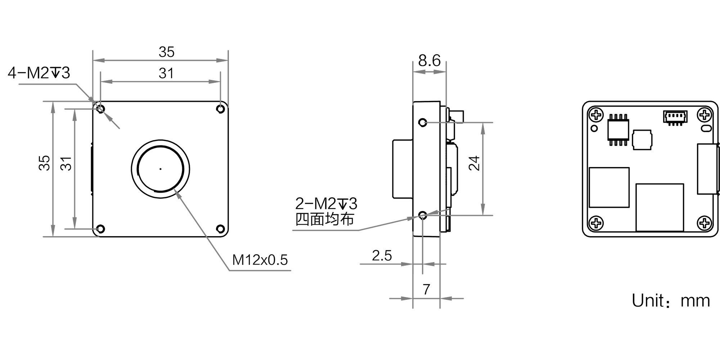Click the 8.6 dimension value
pyautogui.click(x=429, y=60)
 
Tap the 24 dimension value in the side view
pyautogui.click(x=474, y=163)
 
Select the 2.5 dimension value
pyautogui.click(x=382, y=256)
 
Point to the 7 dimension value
pyautogui.click(x=426, y=289)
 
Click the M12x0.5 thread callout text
pyautogui.click(x=260, y=260)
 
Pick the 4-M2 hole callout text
pyautogui.click(x=39, y=73)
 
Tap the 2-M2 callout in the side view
pyautogui.click(x=326, y=204)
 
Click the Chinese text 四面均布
pyautogui.click(x=325, y=219)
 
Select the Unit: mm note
pyautogui.click(x=671, y=301)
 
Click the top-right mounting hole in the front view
pyautogui.click(x=221, y=108)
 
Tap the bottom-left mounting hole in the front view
pyautogui.click(x=101, y=229)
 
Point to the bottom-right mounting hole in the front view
pyautogui.click(x=221, y=229)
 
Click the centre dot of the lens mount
pyautogui.click(x=161, y=169)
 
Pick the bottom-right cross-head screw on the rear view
pyautogui.click(x=705, y=223)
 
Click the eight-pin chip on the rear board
pyautogui.click(x=618, y=130)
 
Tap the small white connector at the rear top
pyautogui.click(x=675, y=117)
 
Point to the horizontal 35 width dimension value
pyautogui.click(x=166, y=52)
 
